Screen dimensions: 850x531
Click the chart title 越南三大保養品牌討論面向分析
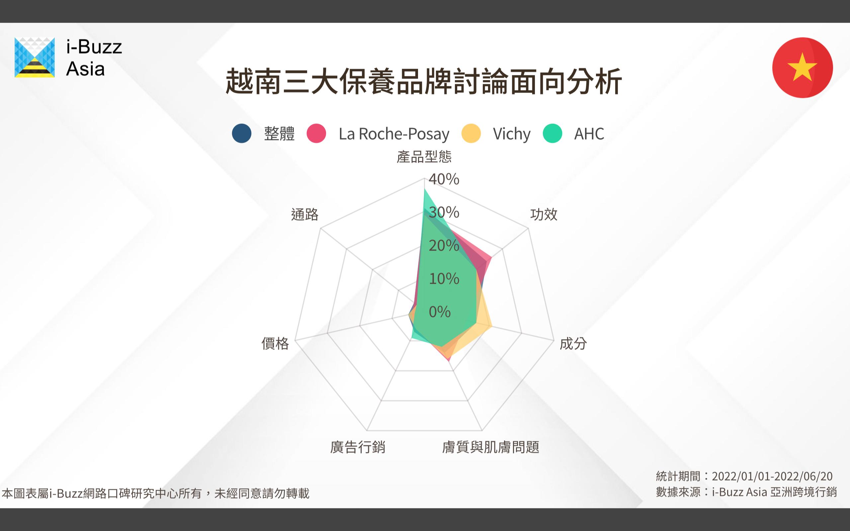(x=424, y=82)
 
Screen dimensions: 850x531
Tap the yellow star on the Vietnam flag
(x=802, y=67)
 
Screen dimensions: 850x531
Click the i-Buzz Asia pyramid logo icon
(x=35, y=57)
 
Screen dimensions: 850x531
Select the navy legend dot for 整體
(x=242, y=133)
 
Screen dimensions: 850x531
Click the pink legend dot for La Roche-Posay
(x=316, y=133)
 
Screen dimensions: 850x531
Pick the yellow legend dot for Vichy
(x=471, y=133)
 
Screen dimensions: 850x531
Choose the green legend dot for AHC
(x=552, y=133)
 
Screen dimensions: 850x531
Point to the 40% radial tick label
(x=444, y=179)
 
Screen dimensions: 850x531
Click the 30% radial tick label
(x=444, y=212)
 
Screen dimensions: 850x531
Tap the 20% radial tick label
(x=444, y=246)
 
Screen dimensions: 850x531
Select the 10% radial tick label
(x=444, y=278)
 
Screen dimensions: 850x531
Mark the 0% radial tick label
(x=440, y=312)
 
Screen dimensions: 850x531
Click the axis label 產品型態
(x=424, y=157)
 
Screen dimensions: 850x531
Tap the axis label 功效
(x=544, y=214)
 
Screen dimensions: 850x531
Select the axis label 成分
(x=573, y=343)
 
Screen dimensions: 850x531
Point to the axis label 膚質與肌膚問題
(x=491, y=447)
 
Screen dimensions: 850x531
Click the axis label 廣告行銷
(x=358, y=447)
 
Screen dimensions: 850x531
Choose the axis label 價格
(x=275, y=343)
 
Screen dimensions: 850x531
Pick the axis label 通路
(x=304, y=214)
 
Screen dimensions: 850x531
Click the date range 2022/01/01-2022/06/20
(x=772, y=476)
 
